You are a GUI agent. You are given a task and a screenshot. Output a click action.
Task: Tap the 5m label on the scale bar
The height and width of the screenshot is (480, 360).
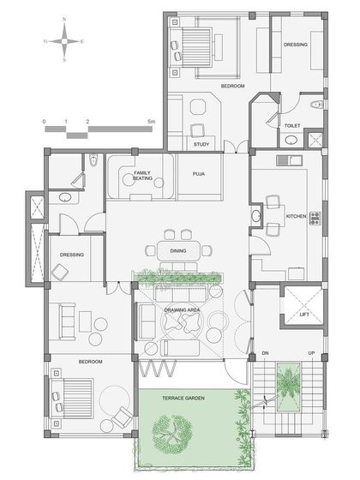151,122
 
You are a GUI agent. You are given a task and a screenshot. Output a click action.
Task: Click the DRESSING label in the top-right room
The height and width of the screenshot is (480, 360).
296,45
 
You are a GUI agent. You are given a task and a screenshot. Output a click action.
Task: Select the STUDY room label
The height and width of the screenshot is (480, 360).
201,144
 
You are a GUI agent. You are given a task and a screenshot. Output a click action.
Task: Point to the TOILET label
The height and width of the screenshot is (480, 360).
292,125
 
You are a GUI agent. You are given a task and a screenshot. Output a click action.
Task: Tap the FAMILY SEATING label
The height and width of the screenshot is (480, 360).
143,177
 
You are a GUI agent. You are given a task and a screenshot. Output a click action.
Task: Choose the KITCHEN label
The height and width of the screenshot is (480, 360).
296,215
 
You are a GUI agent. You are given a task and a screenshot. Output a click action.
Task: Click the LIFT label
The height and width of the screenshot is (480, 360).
304,315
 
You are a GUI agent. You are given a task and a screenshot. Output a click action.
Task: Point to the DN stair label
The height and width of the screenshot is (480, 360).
266,352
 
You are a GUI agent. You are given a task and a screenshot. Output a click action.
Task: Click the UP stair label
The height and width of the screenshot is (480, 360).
311,352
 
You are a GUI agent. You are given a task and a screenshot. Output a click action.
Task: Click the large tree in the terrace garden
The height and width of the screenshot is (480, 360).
176,435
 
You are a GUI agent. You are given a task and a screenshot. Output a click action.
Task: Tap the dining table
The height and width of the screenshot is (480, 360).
179,250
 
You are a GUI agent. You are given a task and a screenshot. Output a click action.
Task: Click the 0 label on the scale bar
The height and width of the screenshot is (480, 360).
45,122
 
